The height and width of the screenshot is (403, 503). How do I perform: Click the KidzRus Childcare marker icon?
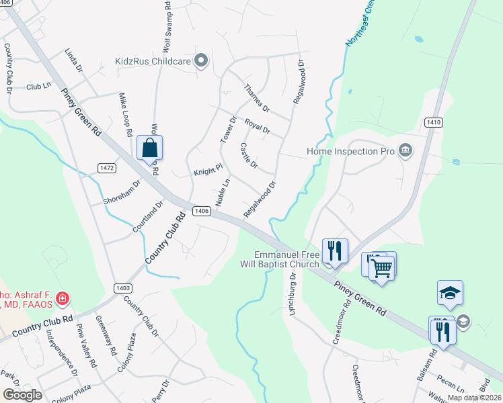(x=200, y=61)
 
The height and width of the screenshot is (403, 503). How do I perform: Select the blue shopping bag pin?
(x=149, y=148)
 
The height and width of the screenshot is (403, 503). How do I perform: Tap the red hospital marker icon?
(x=63, y=298)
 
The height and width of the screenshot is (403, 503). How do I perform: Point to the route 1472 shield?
(x=106, y=167)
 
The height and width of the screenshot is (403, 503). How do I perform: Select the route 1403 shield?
(x=122, y=288)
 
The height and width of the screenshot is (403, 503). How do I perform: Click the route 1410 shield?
(x=434, y=122)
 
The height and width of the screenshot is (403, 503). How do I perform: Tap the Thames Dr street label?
(x=256, y=99)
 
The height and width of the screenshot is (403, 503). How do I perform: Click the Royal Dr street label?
(x=257, y=126)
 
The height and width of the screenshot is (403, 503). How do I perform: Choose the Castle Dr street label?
(x=249, y=156)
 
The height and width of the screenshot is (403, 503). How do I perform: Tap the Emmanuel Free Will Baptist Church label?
(x=286, y=259)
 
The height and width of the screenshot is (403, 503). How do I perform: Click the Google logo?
(x=22, y=394)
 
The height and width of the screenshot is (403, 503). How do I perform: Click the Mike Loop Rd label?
(x=125, y=115)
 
